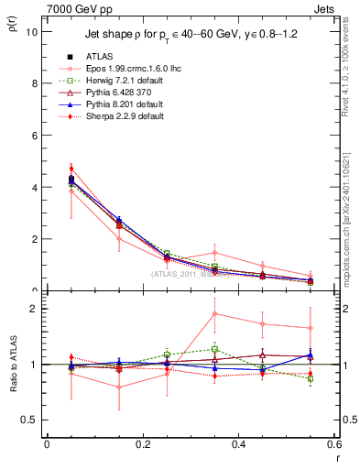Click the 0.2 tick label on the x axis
point(142,444)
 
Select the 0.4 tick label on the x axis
point(238,444)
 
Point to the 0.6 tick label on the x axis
point(333,444)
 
